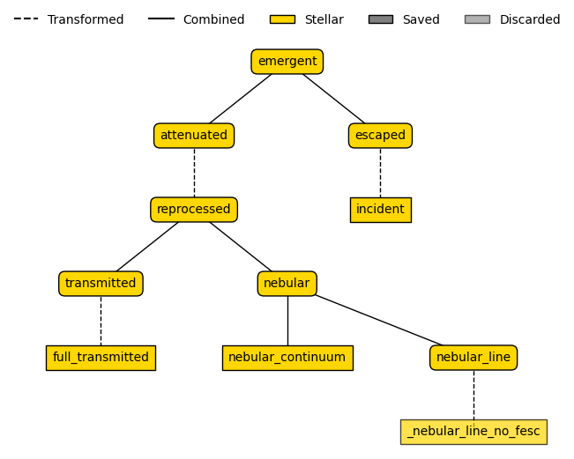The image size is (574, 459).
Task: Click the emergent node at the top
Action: [x=287, y=62]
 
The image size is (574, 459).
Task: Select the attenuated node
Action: [x=194, y=136]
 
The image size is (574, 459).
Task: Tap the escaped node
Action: [x=380, y=136]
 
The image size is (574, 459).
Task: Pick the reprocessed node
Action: [x=194, y=210]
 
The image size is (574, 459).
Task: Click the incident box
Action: [x=380, y=210]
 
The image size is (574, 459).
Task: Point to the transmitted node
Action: [x=101, y=284]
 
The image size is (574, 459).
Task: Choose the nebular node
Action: [x=287, y=284]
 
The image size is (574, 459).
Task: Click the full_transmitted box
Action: [x=101, y=358]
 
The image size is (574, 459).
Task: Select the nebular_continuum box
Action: [x=287, y=358]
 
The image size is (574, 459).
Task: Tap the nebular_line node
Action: [x=473, y=358]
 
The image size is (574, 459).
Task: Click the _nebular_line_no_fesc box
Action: [x=473, y=432]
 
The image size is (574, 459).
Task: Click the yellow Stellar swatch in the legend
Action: [x=282, y=19]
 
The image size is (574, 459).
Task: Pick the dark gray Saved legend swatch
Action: [x=380, y=19]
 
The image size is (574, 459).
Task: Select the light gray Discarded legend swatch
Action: [x=477, y=19]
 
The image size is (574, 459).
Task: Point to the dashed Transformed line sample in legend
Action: [x=26, y=19]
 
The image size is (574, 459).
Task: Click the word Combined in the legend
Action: [x=213, y=19]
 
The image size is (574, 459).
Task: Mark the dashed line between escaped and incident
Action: [x=380, y=173]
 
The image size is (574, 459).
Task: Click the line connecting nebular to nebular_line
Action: [x=379, y=320]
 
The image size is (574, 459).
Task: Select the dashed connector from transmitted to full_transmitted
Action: [x=101, y=321]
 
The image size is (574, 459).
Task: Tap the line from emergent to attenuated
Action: [x=240, y=99]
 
